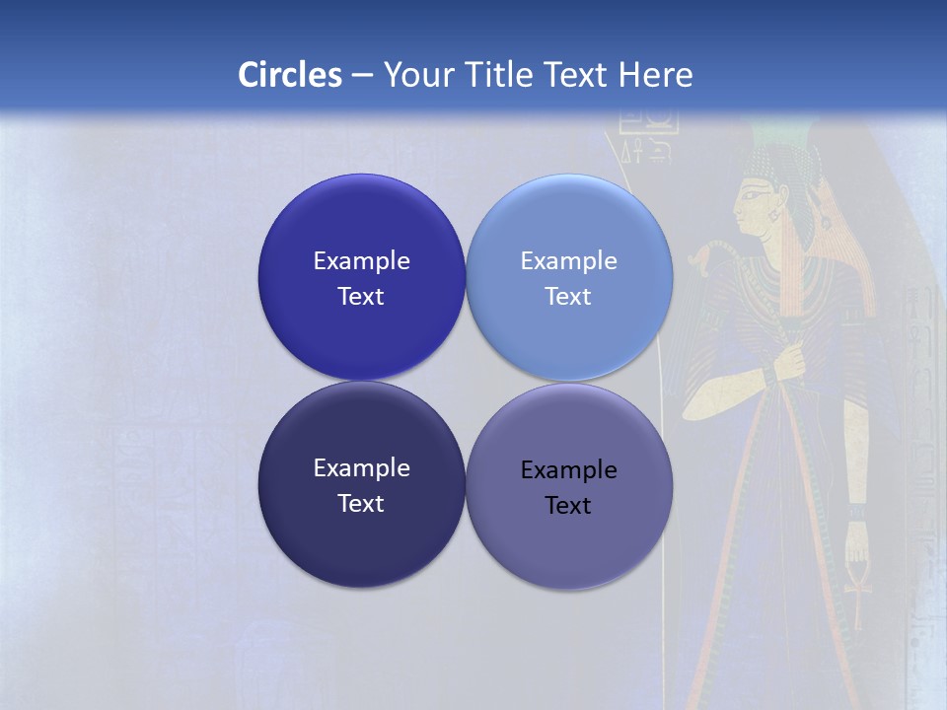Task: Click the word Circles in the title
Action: tap(290, 75)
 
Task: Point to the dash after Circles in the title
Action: tap(362, 76)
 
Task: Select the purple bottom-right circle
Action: tap(569, 547)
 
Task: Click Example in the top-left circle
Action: tap(361, 261)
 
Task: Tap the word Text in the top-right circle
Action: tap(568, 297)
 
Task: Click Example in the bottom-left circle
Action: tap(361, 468)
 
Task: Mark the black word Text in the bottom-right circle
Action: tap(568, 506)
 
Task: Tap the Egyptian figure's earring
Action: tap(773, 215)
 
